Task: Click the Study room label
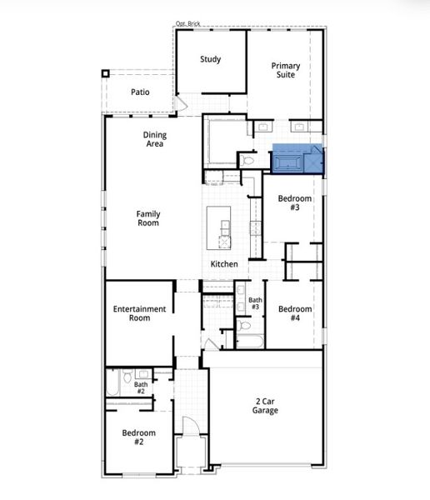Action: point(210,59)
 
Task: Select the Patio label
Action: point(140,91)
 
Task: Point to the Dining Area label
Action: point(155,139)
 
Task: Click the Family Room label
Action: point(148,218)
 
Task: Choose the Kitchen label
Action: point(224,264)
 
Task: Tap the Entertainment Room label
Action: point(139,313)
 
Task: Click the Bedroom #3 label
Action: point(295,203)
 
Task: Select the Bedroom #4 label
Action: point(295,314)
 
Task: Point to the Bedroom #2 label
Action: point(139,437)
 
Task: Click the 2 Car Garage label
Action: point(266,406)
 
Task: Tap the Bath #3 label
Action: point(255,303)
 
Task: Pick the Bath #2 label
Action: point(140,387)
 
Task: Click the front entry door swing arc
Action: point(192,425)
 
